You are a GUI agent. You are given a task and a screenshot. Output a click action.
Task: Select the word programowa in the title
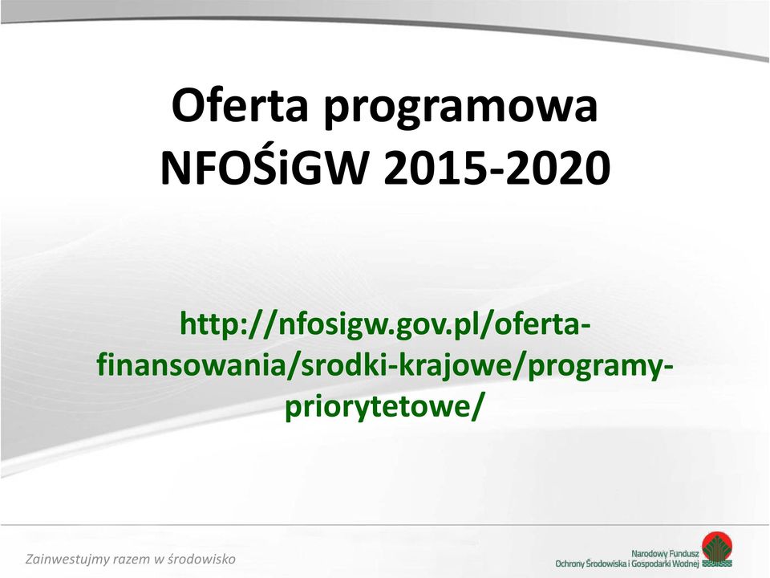[460, 109]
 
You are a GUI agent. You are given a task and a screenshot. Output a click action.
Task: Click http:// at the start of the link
[229, 324]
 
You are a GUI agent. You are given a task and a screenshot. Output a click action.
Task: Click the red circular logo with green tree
[716, 549]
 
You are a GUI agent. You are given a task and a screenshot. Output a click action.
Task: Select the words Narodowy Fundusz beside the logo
[665, 553]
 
